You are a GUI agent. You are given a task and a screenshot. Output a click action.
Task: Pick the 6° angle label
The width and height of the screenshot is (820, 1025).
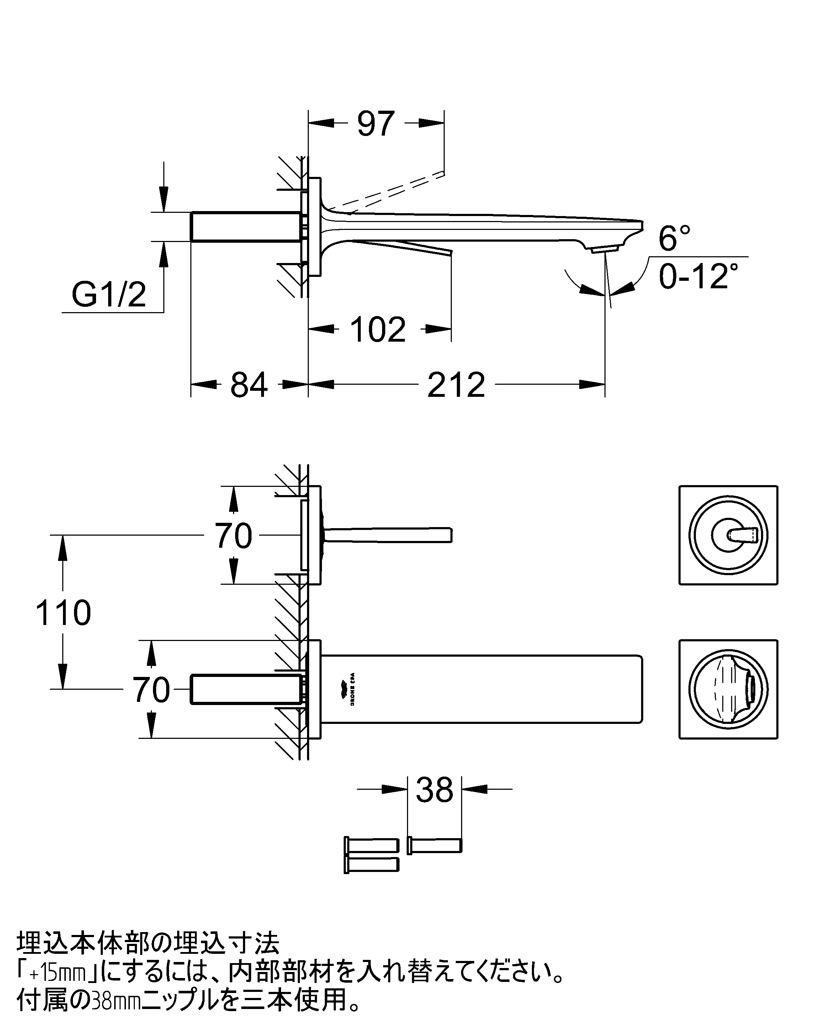click(x=674, y=239)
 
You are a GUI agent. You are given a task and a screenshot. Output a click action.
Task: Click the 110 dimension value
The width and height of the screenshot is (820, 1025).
click(x=63, y=613)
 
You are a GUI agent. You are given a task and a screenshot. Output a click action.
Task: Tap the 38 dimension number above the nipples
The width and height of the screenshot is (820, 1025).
click(x=434, y=790)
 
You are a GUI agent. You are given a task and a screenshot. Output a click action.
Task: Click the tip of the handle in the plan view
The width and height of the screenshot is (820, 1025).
click(x=449, y=535)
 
